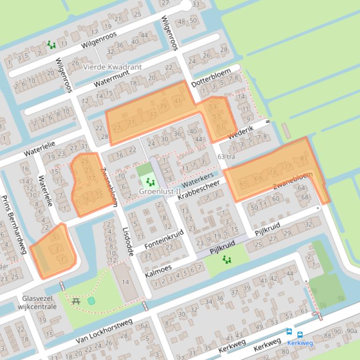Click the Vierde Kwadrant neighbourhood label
coord(112,67)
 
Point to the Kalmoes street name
coord(159,272)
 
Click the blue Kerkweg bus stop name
coord(300,343)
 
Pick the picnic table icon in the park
coord(76,301)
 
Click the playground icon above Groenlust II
coord(150,181)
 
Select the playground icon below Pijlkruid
coord(227,259)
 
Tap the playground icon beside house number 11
coord(51,45)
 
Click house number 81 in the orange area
coord(304,158)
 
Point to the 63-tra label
coord(226,156)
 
